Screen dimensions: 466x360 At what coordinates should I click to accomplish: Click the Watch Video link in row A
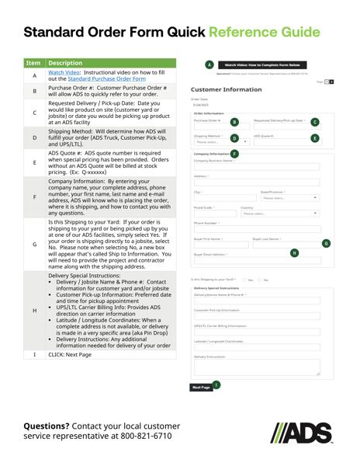click(64, 72)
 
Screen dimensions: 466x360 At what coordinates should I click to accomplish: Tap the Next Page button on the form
click(200, 387)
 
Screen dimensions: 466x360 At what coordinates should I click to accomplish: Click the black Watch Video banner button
click(261, 65)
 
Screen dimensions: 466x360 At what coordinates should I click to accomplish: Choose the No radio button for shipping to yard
click(260, 280)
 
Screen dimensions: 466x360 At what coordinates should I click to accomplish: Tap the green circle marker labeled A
click(209, 65)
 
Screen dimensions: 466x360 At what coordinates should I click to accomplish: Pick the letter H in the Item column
click(35, 311)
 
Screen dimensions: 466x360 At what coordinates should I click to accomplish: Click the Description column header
click(65, 63)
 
